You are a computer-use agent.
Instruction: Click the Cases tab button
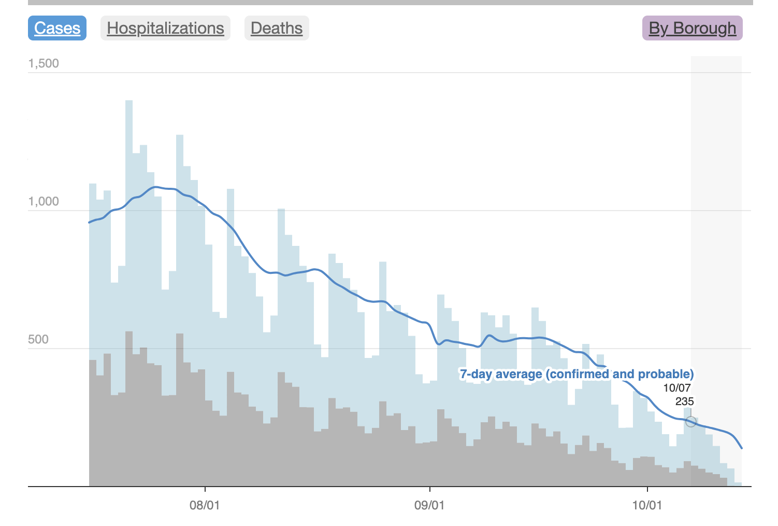point(57,28)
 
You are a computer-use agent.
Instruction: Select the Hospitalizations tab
point(165,28)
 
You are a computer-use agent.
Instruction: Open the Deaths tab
point(277,28)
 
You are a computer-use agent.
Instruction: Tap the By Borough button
point(692,28)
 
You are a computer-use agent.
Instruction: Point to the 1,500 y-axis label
point(44,64)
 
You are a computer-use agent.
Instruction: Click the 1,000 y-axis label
point(44,202)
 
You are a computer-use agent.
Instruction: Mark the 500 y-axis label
point(38,340)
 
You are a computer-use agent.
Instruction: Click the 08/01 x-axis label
point(205,505)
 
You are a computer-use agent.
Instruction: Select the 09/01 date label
point(429,505)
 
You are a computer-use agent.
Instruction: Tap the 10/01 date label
point(647,505)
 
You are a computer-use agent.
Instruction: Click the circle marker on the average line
point(690,422)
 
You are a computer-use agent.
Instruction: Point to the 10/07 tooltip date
point(677,388)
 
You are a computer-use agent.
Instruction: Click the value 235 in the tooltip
point(684,402)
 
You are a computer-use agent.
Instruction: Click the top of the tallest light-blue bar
point(129,102)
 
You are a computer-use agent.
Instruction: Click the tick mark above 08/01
point(205,489)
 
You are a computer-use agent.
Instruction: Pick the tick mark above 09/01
point(430,489)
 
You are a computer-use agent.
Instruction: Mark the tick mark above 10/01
point(647,489)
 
